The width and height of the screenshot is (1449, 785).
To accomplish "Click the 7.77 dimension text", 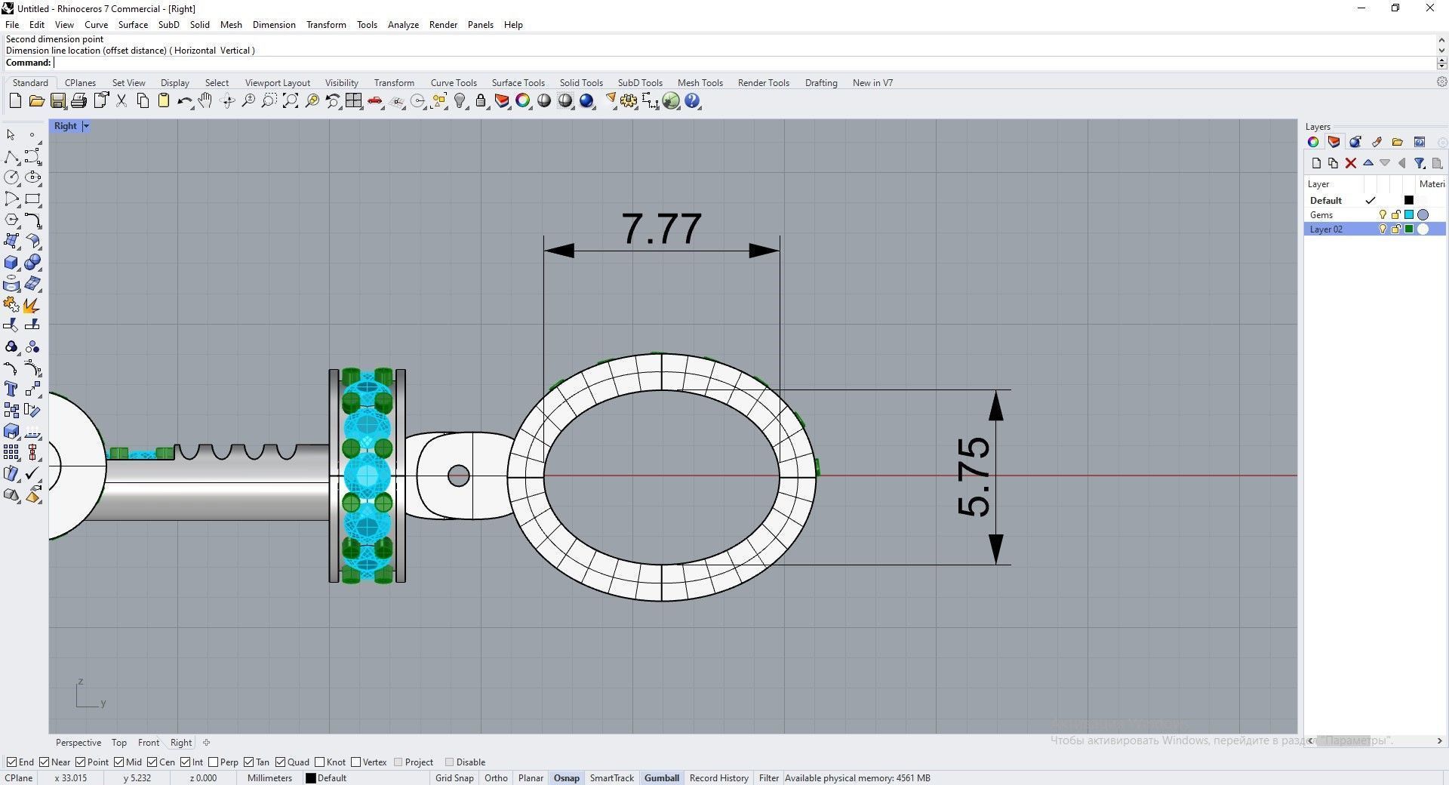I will (661, 229).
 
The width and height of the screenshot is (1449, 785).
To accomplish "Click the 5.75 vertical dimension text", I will (974, 477).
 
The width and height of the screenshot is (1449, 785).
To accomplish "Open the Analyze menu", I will (403, 25).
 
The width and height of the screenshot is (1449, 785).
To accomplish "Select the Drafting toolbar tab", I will (820, 83).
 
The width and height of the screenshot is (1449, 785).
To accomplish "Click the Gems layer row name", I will (1321, 215).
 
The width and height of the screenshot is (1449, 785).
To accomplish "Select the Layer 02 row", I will (1326, 229).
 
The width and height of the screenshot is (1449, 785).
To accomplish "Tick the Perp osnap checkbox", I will (214, 762).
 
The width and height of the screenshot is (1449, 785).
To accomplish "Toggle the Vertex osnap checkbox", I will (356, 762).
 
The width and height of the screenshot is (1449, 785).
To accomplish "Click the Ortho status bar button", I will (496, 778).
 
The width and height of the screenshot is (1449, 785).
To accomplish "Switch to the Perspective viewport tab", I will (78, 743).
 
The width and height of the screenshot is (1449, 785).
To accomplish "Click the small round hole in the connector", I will (458, 476).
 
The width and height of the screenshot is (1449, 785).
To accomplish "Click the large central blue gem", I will (367, 476).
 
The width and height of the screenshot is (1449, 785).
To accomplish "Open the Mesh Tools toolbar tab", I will (700, 83).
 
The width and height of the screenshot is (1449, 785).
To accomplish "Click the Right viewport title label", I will (65, 126).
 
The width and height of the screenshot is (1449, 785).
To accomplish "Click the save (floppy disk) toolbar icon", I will (57, 101).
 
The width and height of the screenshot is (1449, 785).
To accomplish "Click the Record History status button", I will (718, 778).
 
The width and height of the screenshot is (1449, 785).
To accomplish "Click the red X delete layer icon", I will (1351, 163).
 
